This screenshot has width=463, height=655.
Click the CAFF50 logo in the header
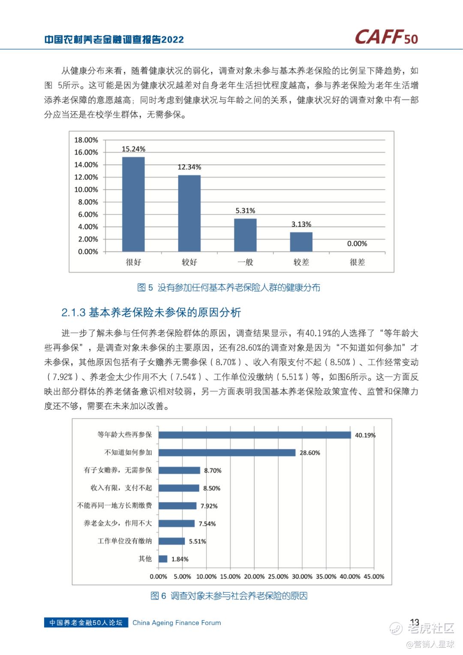[386, 37]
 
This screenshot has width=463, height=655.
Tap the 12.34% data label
[189, 167]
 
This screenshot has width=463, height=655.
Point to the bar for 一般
[245, 235]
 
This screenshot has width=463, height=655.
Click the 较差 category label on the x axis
[301, 262]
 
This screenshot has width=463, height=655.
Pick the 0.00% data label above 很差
[357, 244]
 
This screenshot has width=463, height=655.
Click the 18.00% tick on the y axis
[86, 140]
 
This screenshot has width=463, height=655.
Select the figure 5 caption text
[228, 287]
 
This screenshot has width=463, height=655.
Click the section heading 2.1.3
[151, 312]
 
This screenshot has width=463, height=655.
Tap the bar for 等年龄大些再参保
[255, 435]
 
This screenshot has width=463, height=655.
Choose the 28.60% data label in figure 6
[310, 453]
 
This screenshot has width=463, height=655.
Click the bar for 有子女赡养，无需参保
[179, 470]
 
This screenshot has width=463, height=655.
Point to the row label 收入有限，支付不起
[121, 488]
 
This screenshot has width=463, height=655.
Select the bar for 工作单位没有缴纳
[171, 541]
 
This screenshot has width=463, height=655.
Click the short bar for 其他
[163, 558]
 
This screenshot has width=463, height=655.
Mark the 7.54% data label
[207, 524]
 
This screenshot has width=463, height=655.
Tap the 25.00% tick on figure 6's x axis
[278, 577]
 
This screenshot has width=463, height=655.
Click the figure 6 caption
[229, 596]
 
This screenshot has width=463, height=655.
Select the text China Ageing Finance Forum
[177, 622]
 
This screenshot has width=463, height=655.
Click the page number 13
[414, 622]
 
